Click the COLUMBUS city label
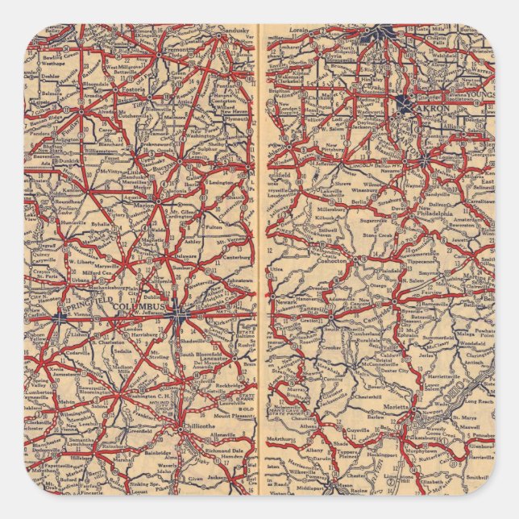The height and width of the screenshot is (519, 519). pyautogui.click(x=139, y=308)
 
